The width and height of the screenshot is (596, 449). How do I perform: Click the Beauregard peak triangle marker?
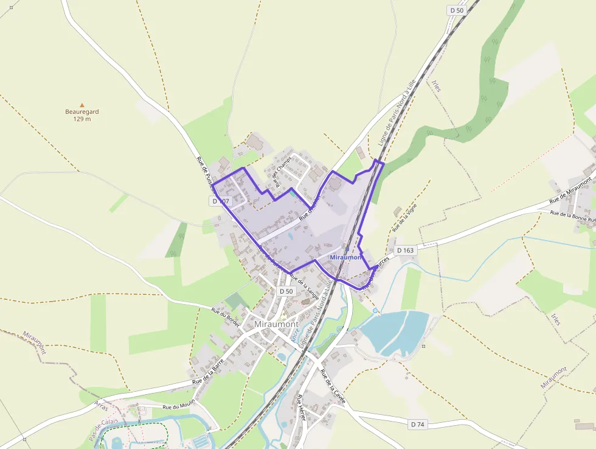(x=82, y=105)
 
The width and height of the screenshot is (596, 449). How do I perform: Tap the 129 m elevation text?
(x=82, y=119)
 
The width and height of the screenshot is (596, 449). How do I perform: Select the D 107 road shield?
(x=221, y=200)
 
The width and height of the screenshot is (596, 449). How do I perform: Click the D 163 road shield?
(x=405, y=250)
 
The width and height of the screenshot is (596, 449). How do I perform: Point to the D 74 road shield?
(x=417, y=424)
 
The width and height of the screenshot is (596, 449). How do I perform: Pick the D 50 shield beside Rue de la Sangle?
(x=286, y=291)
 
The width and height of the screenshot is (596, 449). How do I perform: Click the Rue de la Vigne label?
(x=405, y=217)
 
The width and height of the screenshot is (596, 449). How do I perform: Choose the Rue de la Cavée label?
(x=333, y=386)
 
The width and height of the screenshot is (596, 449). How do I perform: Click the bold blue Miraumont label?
(x=345, y=258)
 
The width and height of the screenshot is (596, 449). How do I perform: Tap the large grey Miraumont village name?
(x=276, y=324)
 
